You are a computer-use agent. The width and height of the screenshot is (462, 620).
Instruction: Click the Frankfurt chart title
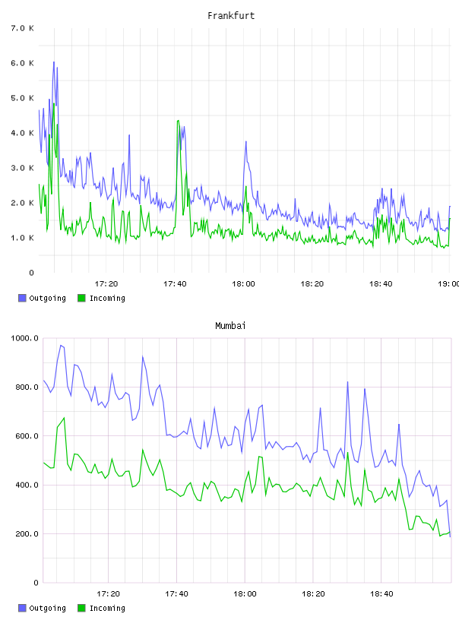pyautogui.click(x=231, y=16)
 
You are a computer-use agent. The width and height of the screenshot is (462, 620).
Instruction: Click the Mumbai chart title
pyautogui.click(x=230, y=326)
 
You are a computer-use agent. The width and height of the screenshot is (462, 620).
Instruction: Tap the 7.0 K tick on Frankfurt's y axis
pyautogui.click(x=23, y=28)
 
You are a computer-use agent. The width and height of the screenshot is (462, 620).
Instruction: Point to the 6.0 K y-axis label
pyautogui.click(x=23, y=63)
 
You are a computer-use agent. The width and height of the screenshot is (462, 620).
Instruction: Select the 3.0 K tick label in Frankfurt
pyautogui.click(x=23, y=168)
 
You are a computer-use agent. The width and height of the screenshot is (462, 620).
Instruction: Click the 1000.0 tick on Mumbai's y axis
pyautogui.click(x=25, y=338)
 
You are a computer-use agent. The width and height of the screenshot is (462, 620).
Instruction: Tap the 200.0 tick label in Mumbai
pyautogui.click(x=27, y=534)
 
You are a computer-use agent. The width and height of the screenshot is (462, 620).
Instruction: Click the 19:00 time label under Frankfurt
pyautogui.click(x=449, y=284)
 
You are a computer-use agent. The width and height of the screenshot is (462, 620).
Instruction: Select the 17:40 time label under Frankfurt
pyautogui.click(x=175, y=284)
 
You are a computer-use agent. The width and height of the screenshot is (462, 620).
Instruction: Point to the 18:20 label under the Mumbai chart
pyautogui.click(x=313, y=594)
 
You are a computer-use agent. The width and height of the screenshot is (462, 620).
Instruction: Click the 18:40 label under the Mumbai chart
pyautogui.click(x=381, y=594)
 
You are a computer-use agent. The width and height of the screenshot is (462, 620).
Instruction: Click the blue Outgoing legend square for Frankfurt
pyautogui.click(x=22, y=298)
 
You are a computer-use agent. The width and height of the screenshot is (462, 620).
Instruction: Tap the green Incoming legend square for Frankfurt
pyautogui.click(x=81, y=298)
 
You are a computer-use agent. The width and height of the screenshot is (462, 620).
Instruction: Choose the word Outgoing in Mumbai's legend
pyautogui.click(x=47, y=608)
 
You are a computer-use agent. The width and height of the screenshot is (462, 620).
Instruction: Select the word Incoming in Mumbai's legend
pyautogui.click(x=107, y=608)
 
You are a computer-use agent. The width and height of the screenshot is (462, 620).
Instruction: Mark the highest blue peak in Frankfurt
pyautogui.click(x=54, y=62)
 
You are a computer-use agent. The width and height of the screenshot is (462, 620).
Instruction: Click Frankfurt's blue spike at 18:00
pyautogui.click(x=245, y=142)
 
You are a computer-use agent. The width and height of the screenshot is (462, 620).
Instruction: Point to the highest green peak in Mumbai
pyautogui.click(x=64, y=418)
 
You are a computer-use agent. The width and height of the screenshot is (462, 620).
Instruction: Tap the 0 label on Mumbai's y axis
pyautogui.click(x=36, y=583)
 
